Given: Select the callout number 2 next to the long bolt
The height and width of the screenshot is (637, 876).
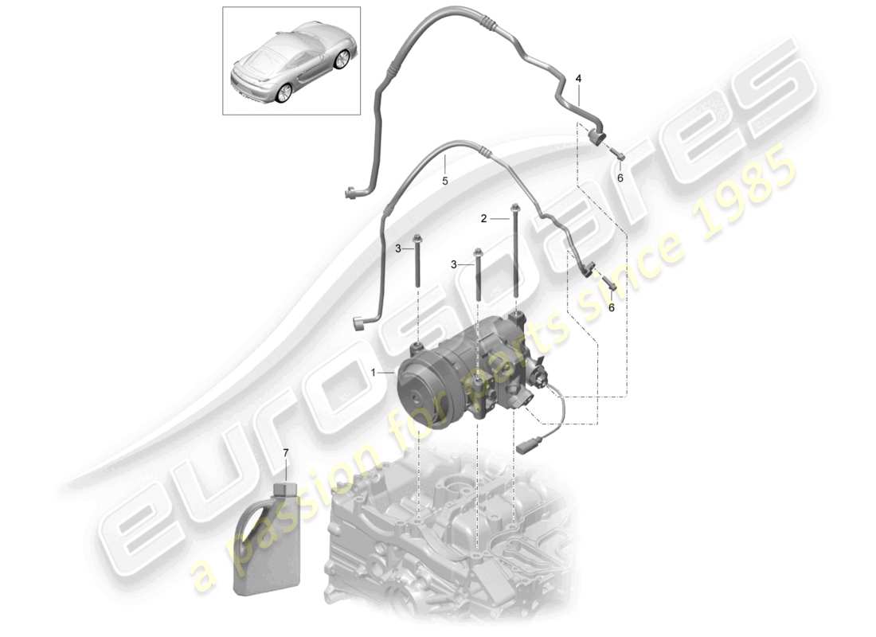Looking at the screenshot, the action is click(483, 217).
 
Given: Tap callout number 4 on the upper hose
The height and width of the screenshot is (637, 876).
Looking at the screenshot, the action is click(578, 78).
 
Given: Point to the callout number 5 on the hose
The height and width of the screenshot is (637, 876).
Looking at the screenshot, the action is click(445, 181).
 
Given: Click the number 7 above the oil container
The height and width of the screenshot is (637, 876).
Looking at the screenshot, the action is click(286, 454).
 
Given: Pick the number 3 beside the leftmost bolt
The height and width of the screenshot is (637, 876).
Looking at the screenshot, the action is click(398, 249).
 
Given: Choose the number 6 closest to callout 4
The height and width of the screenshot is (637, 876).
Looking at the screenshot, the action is click(621, 178).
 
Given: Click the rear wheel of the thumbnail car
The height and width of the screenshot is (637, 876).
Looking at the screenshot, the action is click(282, 94).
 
